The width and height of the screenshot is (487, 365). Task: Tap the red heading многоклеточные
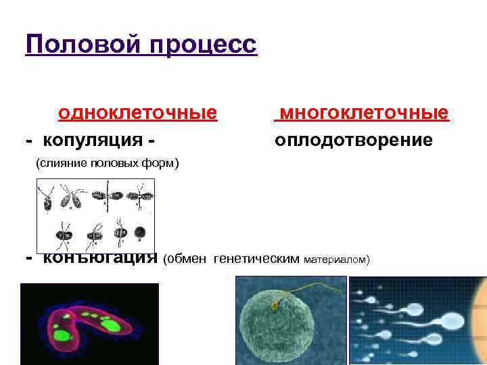coord(363,112)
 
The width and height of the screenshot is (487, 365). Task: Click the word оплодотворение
coord(353,141)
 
